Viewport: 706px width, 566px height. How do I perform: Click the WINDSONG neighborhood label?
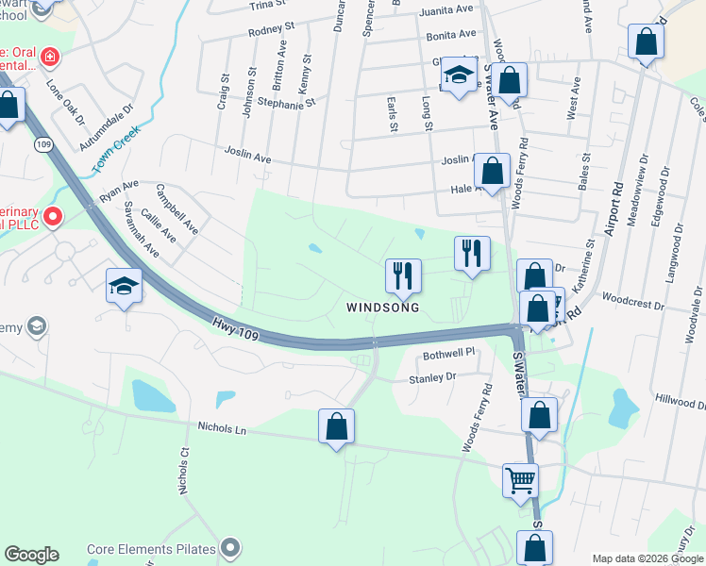[382, 308]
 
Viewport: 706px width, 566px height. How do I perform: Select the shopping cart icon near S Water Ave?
[520, 480]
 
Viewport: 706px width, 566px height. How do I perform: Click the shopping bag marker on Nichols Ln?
[336, 426]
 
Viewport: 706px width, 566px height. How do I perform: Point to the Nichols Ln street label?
[222, 429]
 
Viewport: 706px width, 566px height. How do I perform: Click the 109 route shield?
[42, 144]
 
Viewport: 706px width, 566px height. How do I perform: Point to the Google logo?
[31, 555]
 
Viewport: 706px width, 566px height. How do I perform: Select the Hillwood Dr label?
[679, 401]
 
